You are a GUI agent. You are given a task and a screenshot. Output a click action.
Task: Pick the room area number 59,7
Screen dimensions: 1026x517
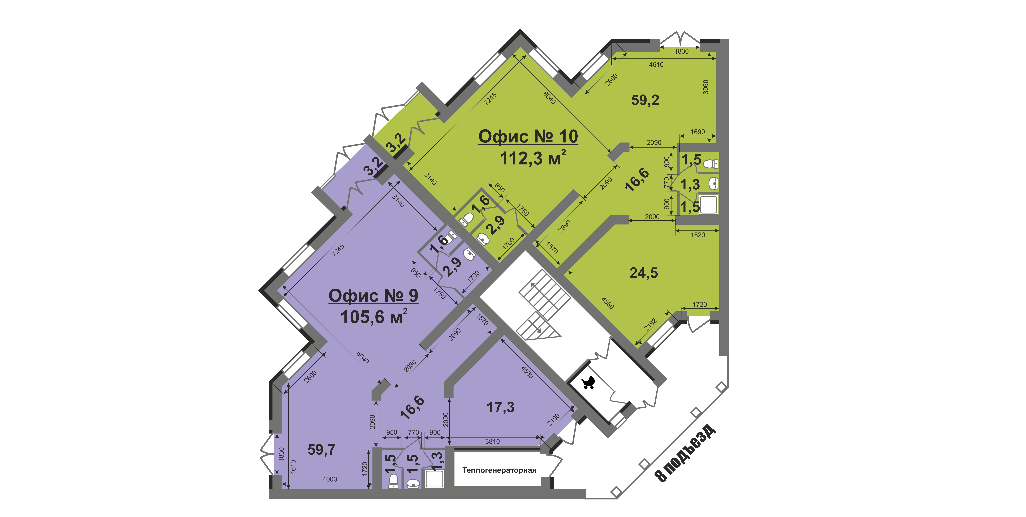pos(321,450)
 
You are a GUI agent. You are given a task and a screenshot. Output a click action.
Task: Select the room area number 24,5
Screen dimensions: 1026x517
pos(644,273)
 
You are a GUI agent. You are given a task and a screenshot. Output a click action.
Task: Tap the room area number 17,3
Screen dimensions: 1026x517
pos(501,407)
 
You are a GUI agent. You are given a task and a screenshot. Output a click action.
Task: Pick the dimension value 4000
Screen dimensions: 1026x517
pos(330,479)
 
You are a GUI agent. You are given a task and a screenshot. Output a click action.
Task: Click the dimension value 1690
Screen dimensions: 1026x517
pos(697,132)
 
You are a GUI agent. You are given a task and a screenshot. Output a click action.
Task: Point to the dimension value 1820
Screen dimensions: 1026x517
pos(698,235)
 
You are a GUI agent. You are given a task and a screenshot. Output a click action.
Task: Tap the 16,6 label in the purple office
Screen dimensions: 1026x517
pos(412,408)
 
